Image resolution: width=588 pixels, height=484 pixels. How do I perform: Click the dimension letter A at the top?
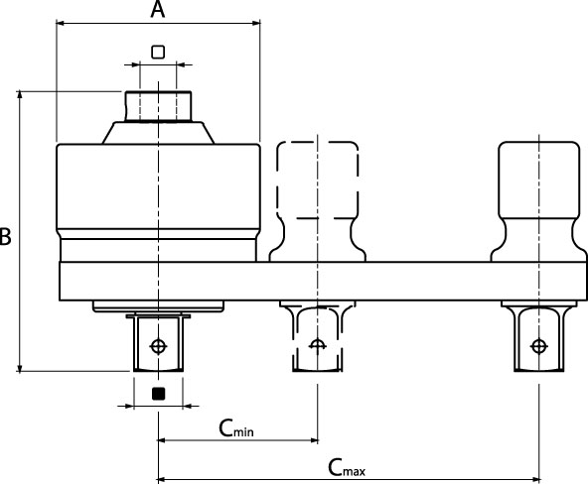pos(158,9)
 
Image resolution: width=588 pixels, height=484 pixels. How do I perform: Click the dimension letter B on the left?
pos(5,237)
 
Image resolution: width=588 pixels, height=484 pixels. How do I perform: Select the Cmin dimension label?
pos(236,428)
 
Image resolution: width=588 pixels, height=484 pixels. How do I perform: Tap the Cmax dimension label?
pos(347,467)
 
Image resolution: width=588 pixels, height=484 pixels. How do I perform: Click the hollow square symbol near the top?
pos(158,52)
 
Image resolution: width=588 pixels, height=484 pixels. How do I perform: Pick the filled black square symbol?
pos(158,394)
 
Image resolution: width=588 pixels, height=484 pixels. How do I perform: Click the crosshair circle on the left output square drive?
pos(158,346)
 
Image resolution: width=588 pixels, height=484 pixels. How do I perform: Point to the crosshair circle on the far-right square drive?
pos(539,346)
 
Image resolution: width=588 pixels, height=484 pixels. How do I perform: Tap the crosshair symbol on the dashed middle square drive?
pos(318,345)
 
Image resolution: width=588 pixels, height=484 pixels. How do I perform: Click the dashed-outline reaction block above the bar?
pos(318,201)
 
